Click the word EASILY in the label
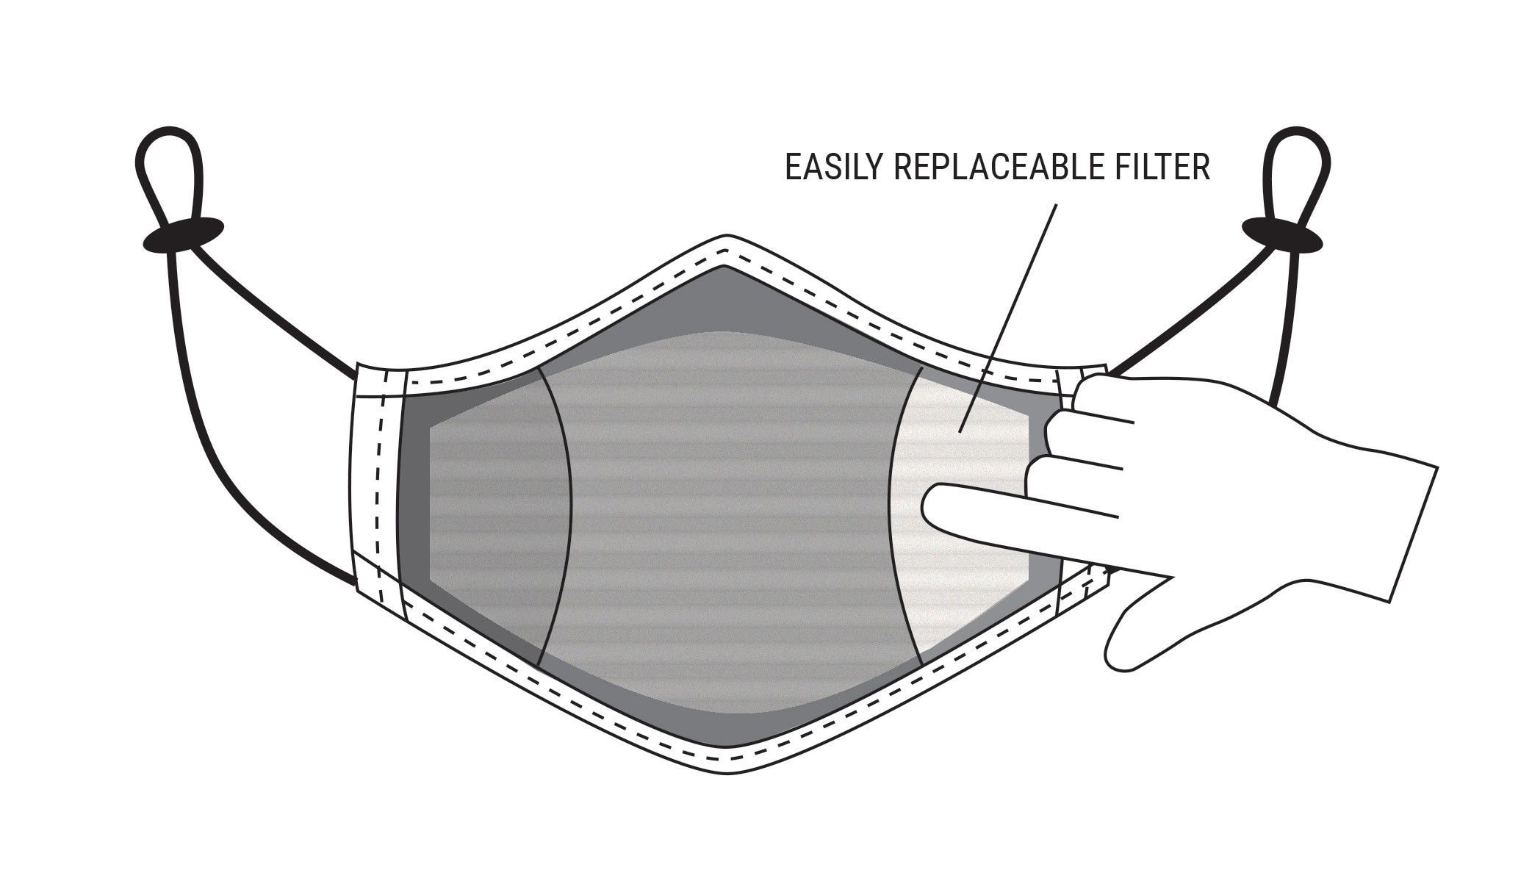coord(834,168)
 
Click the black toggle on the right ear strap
coord(1281,235)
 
